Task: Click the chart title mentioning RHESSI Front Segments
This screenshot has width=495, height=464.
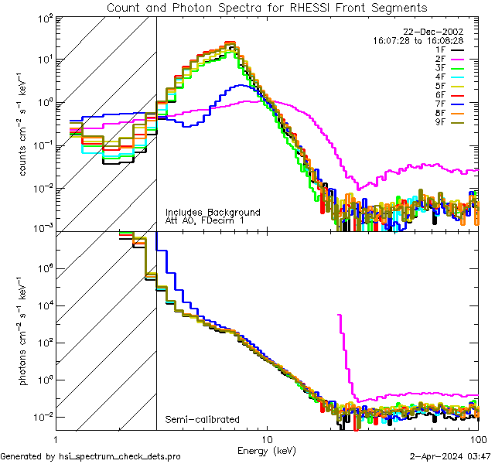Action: [266, 7]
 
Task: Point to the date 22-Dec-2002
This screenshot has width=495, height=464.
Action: [433, 31]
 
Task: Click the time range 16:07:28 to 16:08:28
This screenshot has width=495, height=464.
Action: [418, 39]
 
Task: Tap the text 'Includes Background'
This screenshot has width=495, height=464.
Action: [213, 212]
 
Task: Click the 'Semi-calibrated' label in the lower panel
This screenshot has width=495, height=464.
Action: [202, 419]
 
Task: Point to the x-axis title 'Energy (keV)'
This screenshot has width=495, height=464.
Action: [267, 450]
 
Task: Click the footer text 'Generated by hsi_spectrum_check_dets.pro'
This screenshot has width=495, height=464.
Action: [90, 455]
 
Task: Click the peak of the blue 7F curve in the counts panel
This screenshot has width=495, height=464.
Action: [242, 85]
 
